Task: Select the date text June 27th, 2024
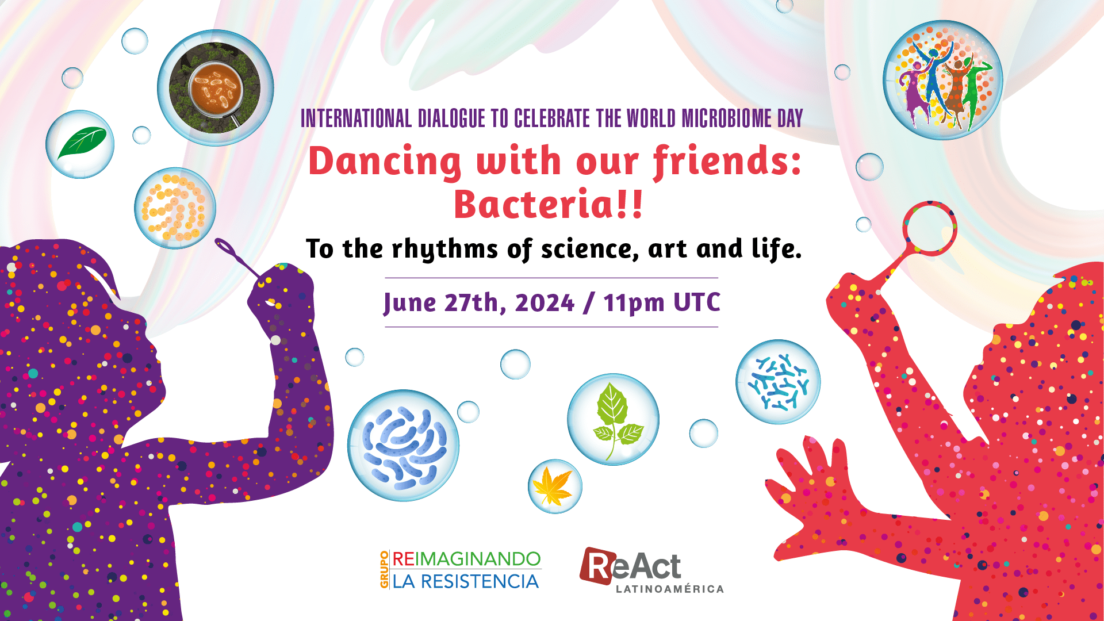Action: coord(479,303)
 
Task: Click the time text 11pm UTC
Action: coord(661,303)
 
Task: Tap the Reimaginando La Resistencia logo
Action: coord(460,570)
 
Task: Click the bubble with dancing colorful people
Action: coord(942,80)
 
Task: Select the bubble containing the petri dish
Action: coord(216,88)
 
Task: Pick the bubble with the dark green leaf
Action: coord(80,144)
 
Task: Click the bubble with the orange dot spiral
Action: coord(175,208)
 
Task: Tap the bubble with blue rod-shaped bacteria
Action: coord(403,445)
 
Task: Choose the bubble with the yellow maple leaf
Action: coord(555,486)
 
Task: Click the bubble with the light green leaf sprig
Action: coord(613,419)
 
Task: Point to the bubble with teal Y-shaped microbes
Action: coord(778,382)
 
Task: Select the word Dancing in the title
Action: coord(385,162)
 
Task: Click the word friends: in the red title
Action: coord(727,162)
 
